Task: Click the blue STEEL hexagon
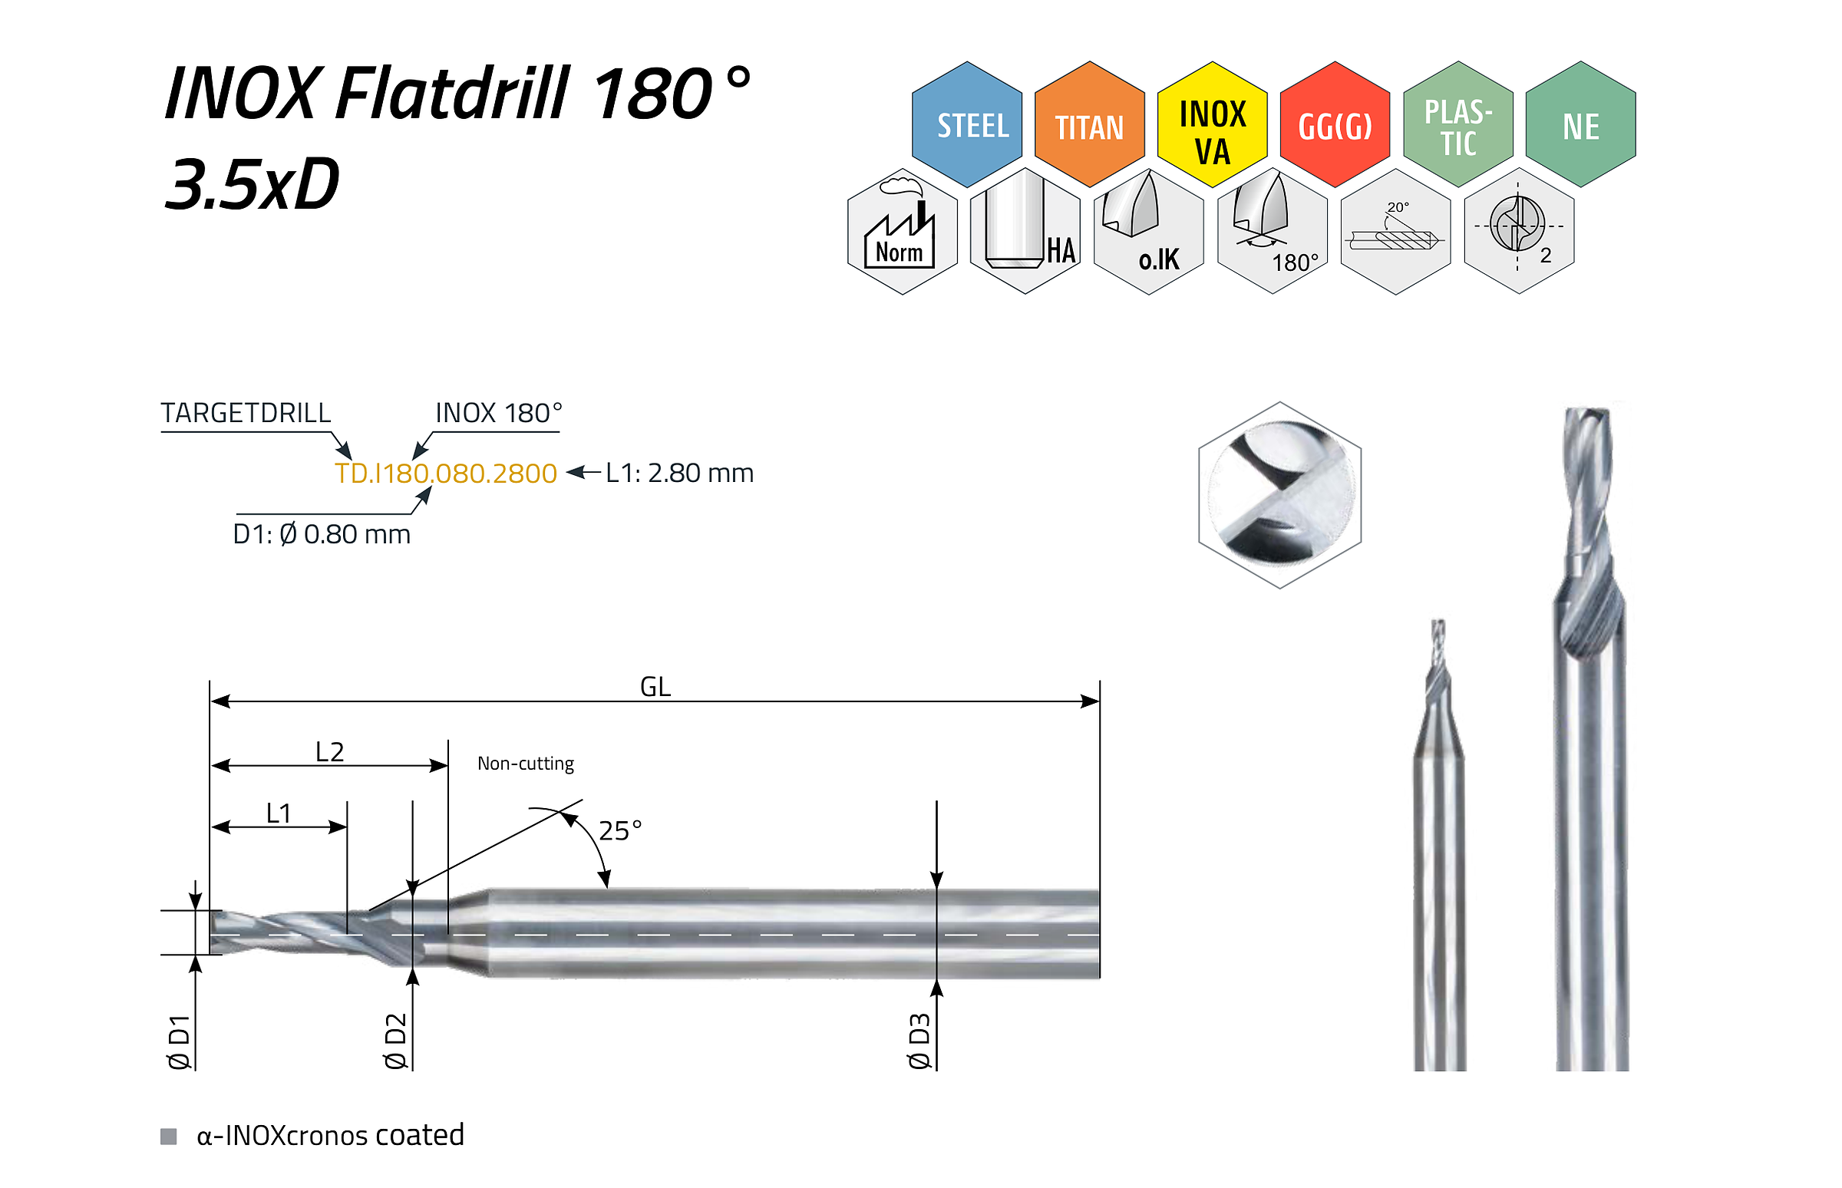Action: pos(966,124)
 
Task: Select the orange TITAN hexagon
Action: pos(1089,124)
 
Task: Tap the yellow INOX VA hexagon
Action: pos(1212,124)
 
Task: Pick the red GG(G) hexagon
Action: pos(1335,124)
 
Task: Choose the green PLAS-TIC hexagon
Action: pos(1457,124)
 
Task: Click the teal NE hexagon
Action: pos(1580,124)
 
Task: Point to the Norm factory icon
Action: pos(902,232)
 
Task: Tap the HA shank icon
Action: pos(1025,232)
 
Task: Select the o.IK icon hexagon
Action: pos(1148,232)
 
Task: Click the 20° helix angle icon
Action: pos(1395,232)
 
